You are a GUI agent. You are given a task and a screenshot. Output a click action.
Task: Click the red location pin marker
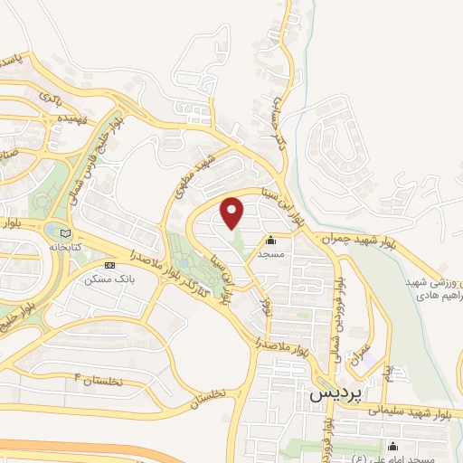232,213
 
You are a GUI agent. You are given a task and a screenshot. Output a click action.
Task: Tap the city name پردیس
334,395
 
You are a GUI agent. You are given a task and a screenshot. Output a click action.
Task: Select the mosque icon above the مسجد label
271,241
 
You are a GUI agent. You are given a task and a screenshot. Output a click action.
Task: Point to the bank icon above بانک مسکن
110,266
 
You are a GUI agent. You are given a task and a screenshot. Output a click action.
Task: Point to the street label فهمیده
71,117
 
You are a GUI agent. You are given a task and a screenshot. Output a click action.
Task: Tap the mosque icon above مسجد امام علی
392,446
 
